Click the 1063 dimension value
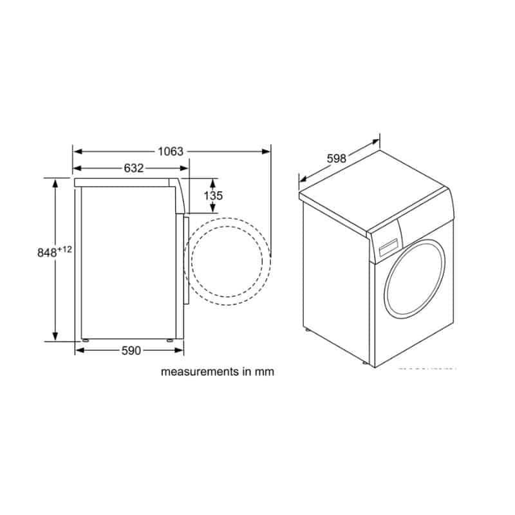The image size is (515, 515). [x=171, y=152]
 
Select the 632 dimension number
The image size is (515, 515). [x=133, y=169]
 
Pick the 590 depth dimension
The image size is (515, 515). [x=131, y=351]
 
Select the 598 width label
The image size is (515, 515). [x=337, y=158]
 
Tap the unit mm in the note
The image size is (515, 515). [x=265, y=371]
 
